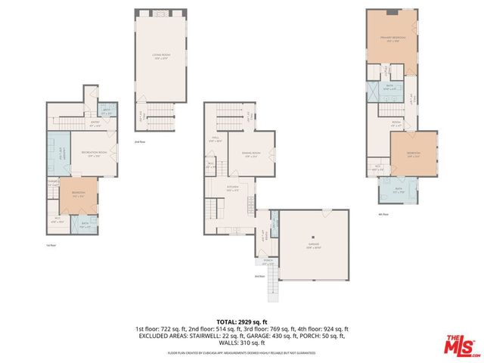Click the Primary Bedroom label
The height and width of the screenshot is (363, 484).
tap(392, 38)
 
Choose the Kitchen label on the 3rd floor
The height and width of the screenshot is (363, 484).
tap(234, 188)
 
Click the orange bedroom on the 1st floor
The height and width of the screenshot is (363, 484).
tap(77, 194)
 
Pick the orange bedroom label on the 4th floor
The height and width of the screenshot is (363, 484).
tap(413, 153)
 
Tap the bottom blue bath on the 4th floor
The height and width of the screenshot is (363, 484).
tap(399, 190)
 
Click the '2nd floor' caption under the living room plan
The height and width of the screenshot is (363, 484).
tap(140, 141)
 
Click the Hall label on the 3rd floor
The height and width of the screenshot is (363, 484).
tap(215, 139)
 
